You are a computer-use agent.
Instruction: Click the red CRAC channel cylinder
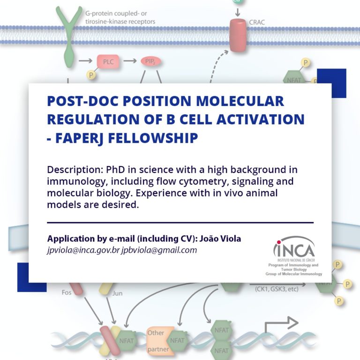point(238,35)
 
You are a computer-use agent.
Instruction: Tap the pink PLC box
point(108,61)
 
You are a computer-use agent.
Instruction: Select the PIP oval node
point(150,61)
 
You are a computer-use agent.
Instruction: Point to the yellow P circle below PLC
point(91,75)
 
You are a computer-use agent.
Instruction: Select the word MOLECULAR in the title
point(240,101)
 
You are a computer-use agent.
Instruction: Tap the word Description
point(75,170)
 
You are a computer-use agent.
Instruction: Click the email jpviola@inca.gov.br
point(83,250)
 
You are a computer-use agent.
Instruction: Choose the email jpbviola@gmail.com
point(159,250)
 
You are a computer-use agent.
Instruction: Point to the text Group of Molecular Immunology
point(293,274)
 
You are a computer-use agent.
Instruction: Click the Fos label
point(67,292)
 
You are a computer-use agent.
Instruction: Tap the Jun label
point(117,293)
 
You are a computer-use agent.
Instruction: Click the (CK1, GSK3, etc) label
point(277,289)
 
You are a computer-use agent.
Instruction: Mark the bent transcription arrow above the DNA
point(281,323)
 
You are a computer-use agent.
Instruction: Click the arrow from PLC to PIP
point(130,61)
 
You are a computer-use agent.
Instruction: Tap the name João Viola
point(220,239)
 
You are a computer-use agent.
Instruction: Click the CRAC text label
point(257,22)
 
